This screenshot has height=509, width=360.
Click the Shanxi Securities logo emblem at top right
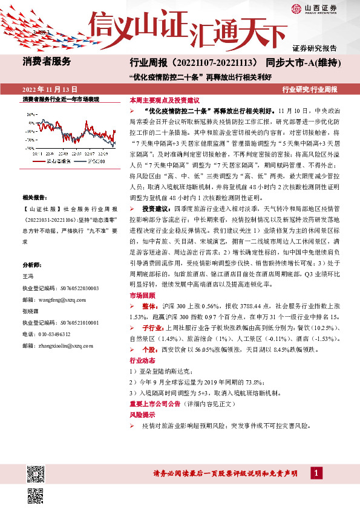297,8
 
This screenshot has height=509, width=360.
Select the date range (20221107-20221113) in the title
215,62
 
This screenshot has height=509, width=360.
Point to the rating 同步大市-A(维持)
305,62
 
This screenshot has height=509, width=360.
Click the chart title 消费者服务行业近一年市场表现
61,99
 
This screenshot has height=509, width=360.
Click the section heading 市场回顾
142,296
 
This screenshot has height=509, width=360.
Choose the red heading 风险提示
142,417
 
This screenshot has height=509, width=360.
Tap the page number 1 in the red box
316,472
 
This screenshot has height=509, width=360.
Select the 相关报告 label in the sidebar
35,198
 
